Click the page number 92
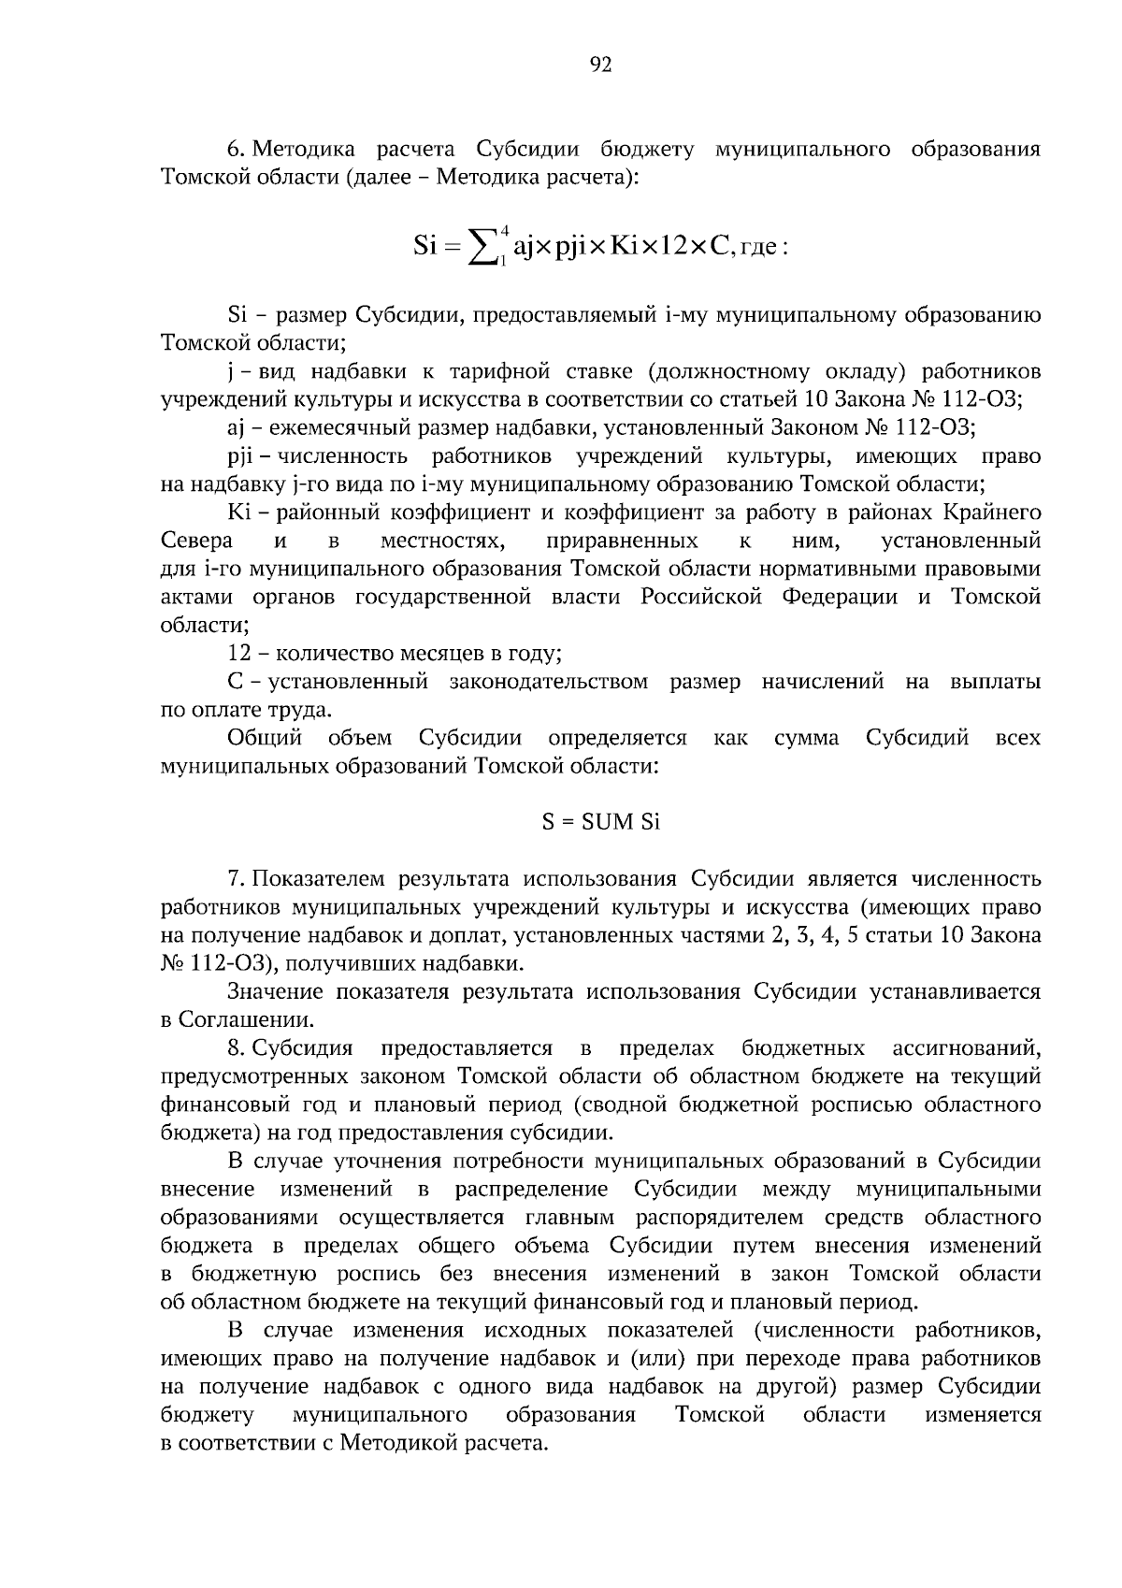pyautogui.click(x=600, y=65)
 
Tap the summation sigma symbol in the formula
pyautogui.click(x=485, y=249)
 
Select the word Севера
pyautogui.click(x=196, y=541)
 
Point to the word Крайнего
pyautogui.click(x=992, y=513)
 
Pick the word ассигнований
pyautogui.click(x=967, y=1048)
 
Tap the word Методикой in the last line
pyautogui.click(x=399, y=1443)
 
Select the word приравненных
pyautogui.click(x=622, y=541)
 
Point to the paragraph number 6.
pyautogui.click(x=236, y=150)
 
